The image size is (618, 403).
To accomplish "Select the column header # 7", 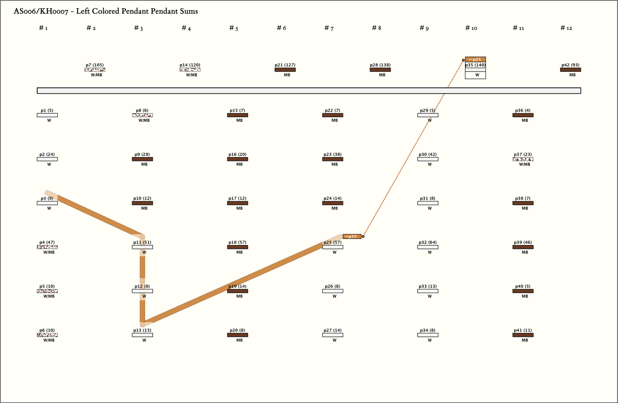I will pyautogui.click(x=329, y=28).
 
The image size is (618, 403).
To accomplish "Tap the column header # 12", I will pyautogui.click(x=566, y=28).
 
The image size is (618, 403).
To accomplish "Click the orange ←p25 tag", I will pyautogui.click(x=475, y=60).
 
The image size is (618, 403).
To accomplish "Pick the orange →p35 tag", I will pyautogui.click(x=352, y=237).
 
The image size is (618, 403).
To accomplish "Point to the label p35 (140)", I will pyautogui.click(x=475, y=65).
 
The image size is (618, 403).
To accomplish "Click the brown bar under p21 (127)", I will pyautogui.click(x=285, y=70).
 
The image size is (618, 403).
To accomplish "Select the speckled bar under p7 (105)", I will pyautogui.click(x=95, y=70).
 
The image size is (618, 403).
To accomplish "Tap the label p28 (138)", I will pyautogui.click(x=380, y=65).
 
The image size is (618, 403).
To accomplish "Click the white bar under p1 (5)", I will pyautogui.click(x=47, y=115).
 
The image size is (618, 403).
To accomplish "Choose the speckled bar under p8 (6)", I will pyautogui.click(x=142, y=115).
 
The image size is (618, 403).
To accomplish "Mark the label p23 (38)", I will pyautogui.click(x=333, y=154).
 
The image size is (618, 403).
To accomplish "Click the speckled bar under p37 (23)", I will pyautogui.click(x=523, y=159).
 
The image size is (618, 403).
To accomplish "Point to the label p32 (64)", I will pyautogui.click(x=428, y=242).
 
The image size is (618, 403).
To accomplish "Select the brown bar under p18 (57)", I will pyautogui.click(x=237, y=247).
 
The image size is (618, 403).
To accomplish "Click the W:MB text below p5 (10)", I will pyautogui.click(x=49, y=296).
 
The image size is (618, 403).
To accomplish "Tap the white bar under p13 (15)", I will pyautogui.click(x=142, y=335).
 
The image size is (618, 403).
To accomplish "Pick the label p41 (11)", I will pyautogui.click(x=523, y=330).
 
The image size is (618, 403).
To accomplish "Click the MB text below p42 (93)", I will pyautogui.click(x=572, y=75).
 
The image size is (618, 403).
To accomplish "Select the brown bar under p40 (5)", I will pyautogui.click(x=523, y=291).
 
